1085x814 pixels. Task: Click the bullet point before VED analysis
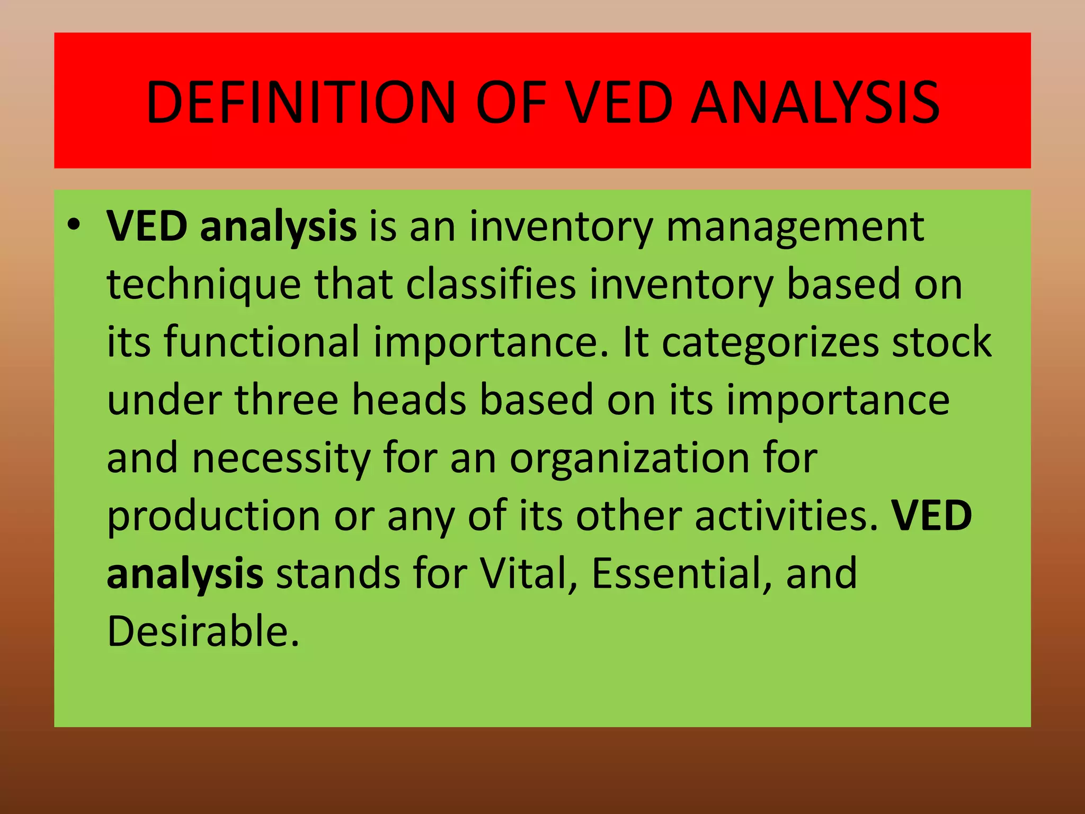[74, 225]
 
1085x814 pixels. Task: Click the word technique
[204, 285]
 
